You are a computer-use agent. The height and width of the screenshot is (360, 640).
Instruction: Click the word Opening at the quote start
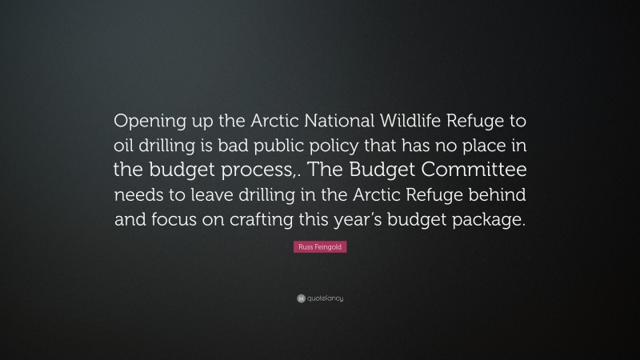(x=151, y=121)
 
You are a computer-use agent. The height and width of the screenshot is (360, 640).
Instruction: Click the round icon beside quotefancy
(x=300, y=298)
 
